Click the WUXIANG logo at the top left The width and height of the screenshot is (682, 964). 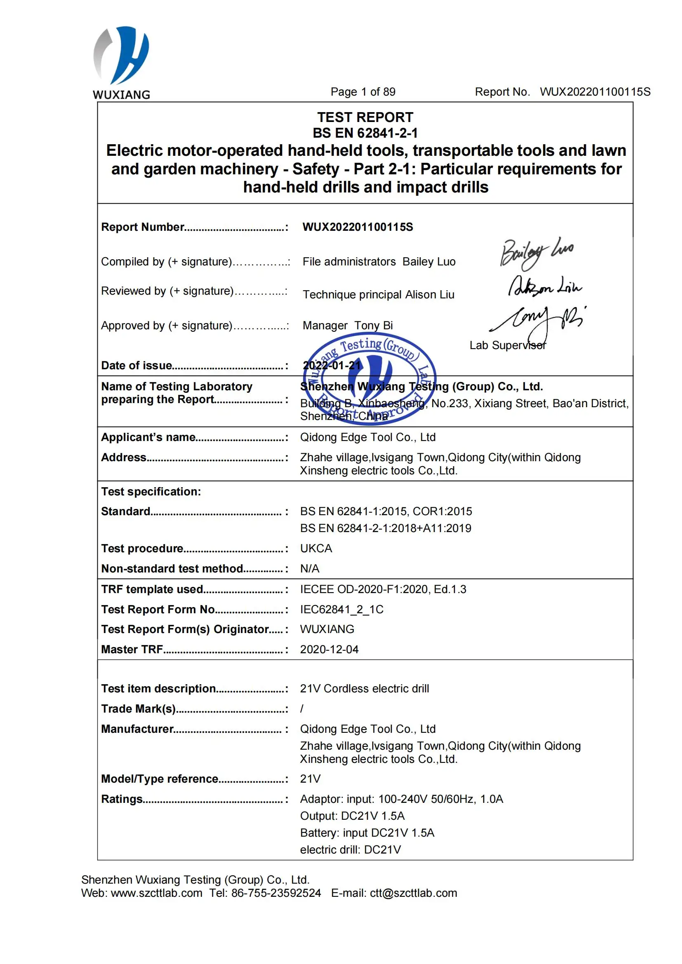click(x=121, y=63)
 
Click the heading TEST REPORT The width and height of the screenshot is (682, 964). click(x=365, y=117)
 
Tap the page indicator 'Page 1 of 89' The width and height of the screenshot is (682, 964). click(x=363, y=92)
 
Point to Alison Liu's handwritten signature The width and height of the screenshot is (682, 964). click(x=545, y=286)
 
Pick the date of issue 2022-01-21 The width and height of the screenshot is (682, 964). click(x=332, y=365)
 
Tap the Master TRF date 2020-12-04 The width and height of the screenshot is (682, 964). click(x=329, y=650)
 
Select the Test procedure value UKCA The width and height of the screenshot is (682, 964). click(x=316, y=548)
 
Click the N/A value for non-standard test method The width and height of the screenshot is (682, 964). click(x=310, y=568)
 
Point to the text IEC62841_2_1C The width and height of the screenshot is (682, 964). click(x=341, y=609)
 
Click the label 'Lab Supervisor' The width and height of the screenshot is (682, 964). click(x=507, y=345)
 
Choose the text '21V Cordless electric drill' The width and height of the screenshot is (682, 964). click(x=364, y=689)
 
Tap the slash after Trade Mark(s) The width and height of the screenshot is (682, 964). click(x=301, y=709)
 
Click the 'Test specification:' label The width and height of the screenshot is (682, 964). click(x=151, y=492)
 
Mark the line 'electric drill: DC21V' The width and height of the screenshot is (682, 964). click(x=350, y=850)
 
